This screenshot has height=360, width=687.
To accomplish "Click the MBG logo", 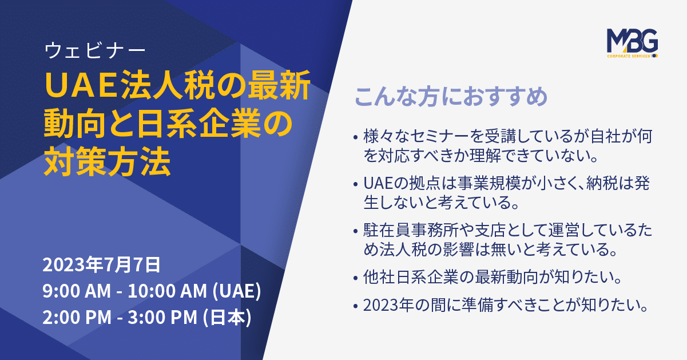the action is click(633, 43).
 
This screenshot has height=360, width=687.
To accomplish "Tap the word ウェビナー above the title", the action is click(95, 50).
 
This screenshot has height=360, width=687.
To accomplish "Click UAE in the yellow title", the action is click(82, 86).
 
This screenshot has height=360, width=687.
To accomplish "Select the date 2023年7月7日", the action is click(101, 264).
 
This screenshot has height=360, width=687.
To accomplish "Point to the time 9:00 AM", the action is click(77, 291).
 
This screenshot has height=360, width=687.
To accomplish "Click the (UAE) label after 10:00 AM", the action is click(237, 291).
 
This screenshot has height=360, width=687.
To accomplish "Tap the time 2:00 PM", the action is click(77, 317).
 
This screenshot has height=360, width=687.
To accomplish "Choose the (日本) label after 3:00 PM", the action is click(227, 317).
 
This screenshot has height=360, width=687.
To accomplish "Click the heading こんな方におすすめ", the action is click(451, 97).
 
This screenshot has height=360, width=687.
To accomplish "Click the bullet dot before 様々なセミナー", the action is click(355, 137).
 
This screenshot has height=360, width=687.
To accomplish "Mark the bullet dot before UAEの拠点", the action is click(355, 184).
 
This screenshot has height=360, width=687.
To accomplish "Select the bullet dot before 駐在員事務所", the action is click(355, 231).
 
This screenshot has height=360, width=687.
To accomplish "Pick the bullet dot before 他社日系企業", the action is click(355, 278).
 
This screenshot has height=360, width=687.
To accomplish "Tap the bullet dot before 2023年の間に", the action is click(355, 306).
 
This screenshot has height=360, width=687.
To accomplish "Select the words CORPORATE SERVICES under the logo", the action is click(629, 56).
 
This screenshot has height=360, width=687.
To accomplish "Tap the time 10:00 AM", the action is click(167, 291).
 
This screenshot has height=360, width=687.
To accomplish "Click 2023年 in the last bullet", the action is click(388, 305).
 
